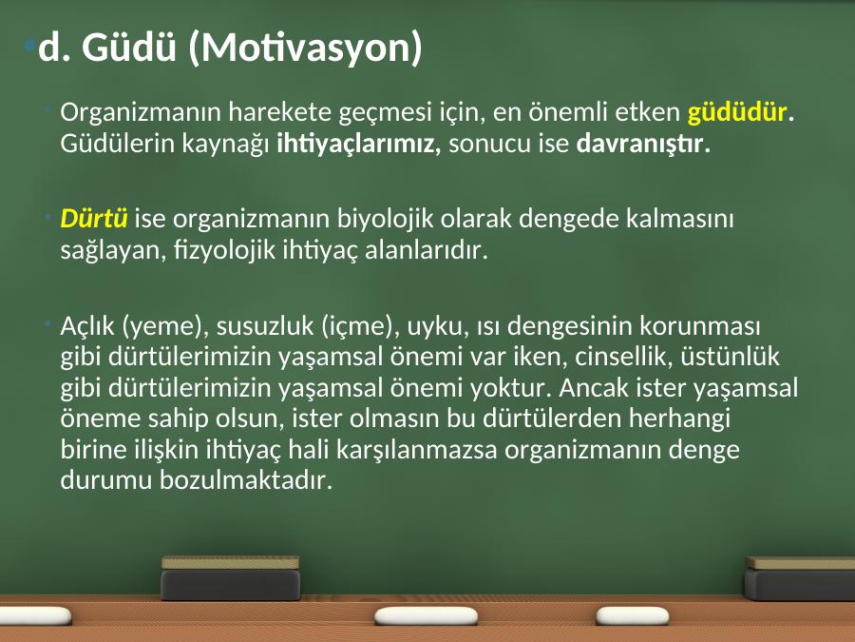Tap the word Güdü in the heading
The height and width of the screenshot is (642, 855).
click(128, 47)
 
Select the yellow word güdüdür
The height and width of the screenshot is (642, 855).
click(737, 112)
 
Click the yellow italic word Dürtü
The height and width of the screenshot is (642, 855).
click(94, 218)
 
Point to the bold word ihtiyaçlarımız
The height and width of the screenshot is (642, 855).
click(358, 145)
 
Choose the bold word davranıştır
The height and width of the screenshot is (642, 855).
click(639, 143)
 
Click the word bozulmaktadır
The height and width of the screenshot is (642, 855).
click(245, 480)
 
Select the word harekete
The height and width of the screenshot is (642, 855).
click(279, 112)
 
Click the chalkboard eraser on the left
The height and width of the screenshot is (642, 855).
click(231, 578)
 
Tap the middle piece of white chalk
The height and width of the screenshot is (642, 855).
click(426, 616)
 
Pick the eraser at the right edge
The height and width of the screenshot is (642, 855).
click(799, 578)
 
